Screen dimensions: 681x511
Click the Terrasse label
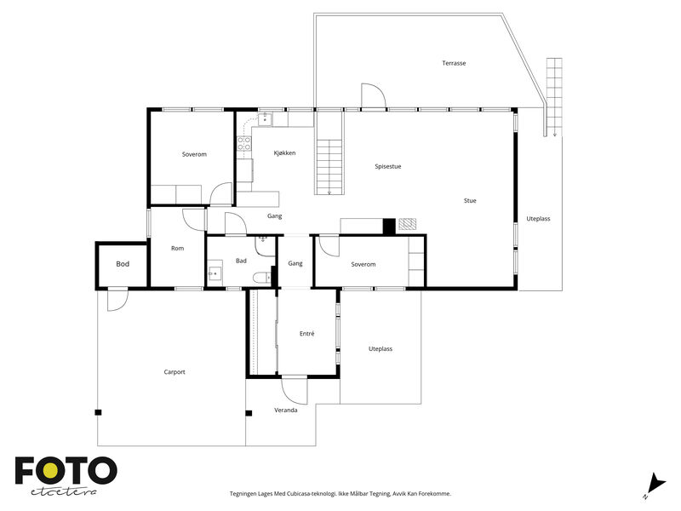point(454,63)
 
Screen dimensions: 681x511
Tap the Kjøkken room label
point(284,153)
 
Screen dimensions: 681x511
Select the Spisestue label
point(388,166)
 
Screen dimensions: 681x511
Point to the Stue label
point(470,201)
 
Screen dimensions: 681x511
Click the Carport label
point(175,372)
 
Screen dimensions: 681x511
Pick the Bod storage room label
point(123,264)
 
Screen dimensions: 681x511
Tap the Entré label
point(307,334)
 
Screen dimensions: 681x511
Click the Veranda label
point(286,411)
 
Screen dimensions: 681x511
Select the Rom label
point(177,249)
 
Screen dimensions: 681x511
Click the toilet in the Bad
point(261,277)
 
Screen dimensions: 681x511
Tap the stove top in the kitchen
point(244,143)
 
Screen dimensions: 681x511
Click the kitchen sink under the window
point(265,119)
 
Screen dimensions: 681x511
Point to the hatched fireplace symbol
point(408,224)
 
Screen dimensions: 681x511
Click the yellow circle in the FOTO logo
point(50,470)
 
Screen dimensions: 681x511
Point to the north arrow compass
point(655,485)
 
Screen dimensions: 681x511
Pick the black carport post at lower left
point(99,412)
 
